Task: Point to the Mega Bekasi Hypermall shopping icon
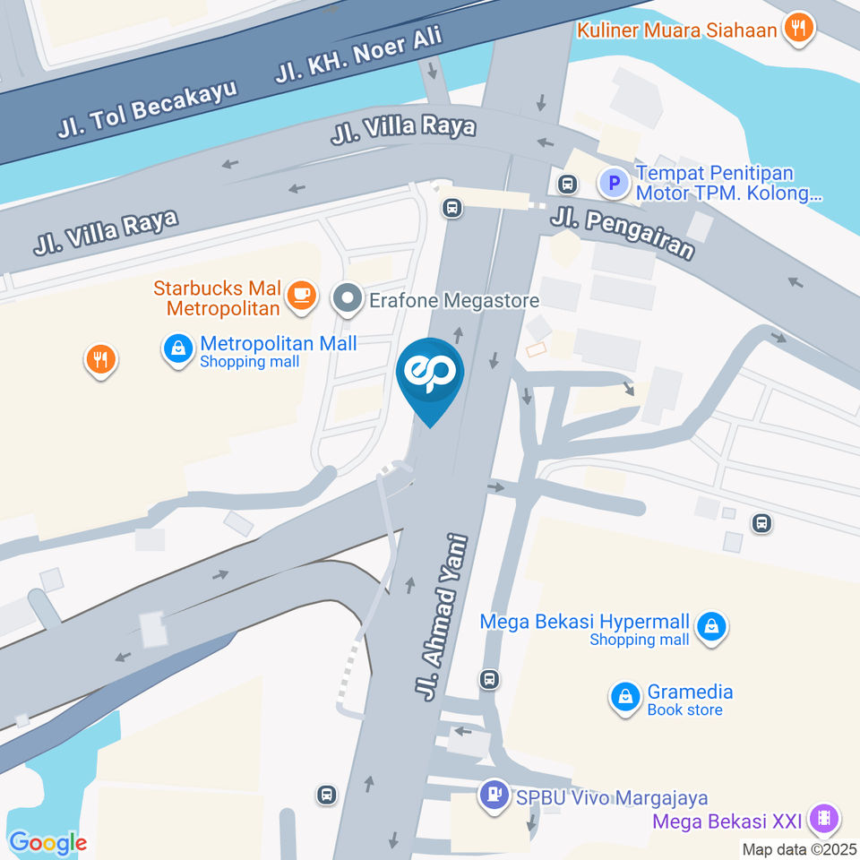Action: click(x=711, y=627)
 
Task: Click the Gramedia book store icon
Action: click(x=624, y=697)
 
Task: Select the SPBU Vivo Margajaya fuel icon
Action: click(x=493, y=795)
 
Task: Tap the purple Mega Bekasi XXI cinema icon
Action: click(x=822, y=819)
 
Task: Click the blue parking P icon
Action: click(x=614, y=185)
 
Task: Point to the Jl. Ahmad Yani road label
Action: click(x=442, y=615)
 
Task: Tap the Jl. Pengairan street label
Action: click(x=622, y=231)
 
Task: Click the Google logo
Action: click(x=47, y=842)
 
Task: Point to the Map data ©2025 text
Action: click(x=799, y=848)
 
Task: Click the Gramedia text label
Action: click(x=690, y=692)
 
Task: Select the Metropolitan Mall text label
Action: click(x=279, y=343)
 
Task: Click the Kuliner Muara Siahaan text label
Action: click(x=677, y=29)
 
